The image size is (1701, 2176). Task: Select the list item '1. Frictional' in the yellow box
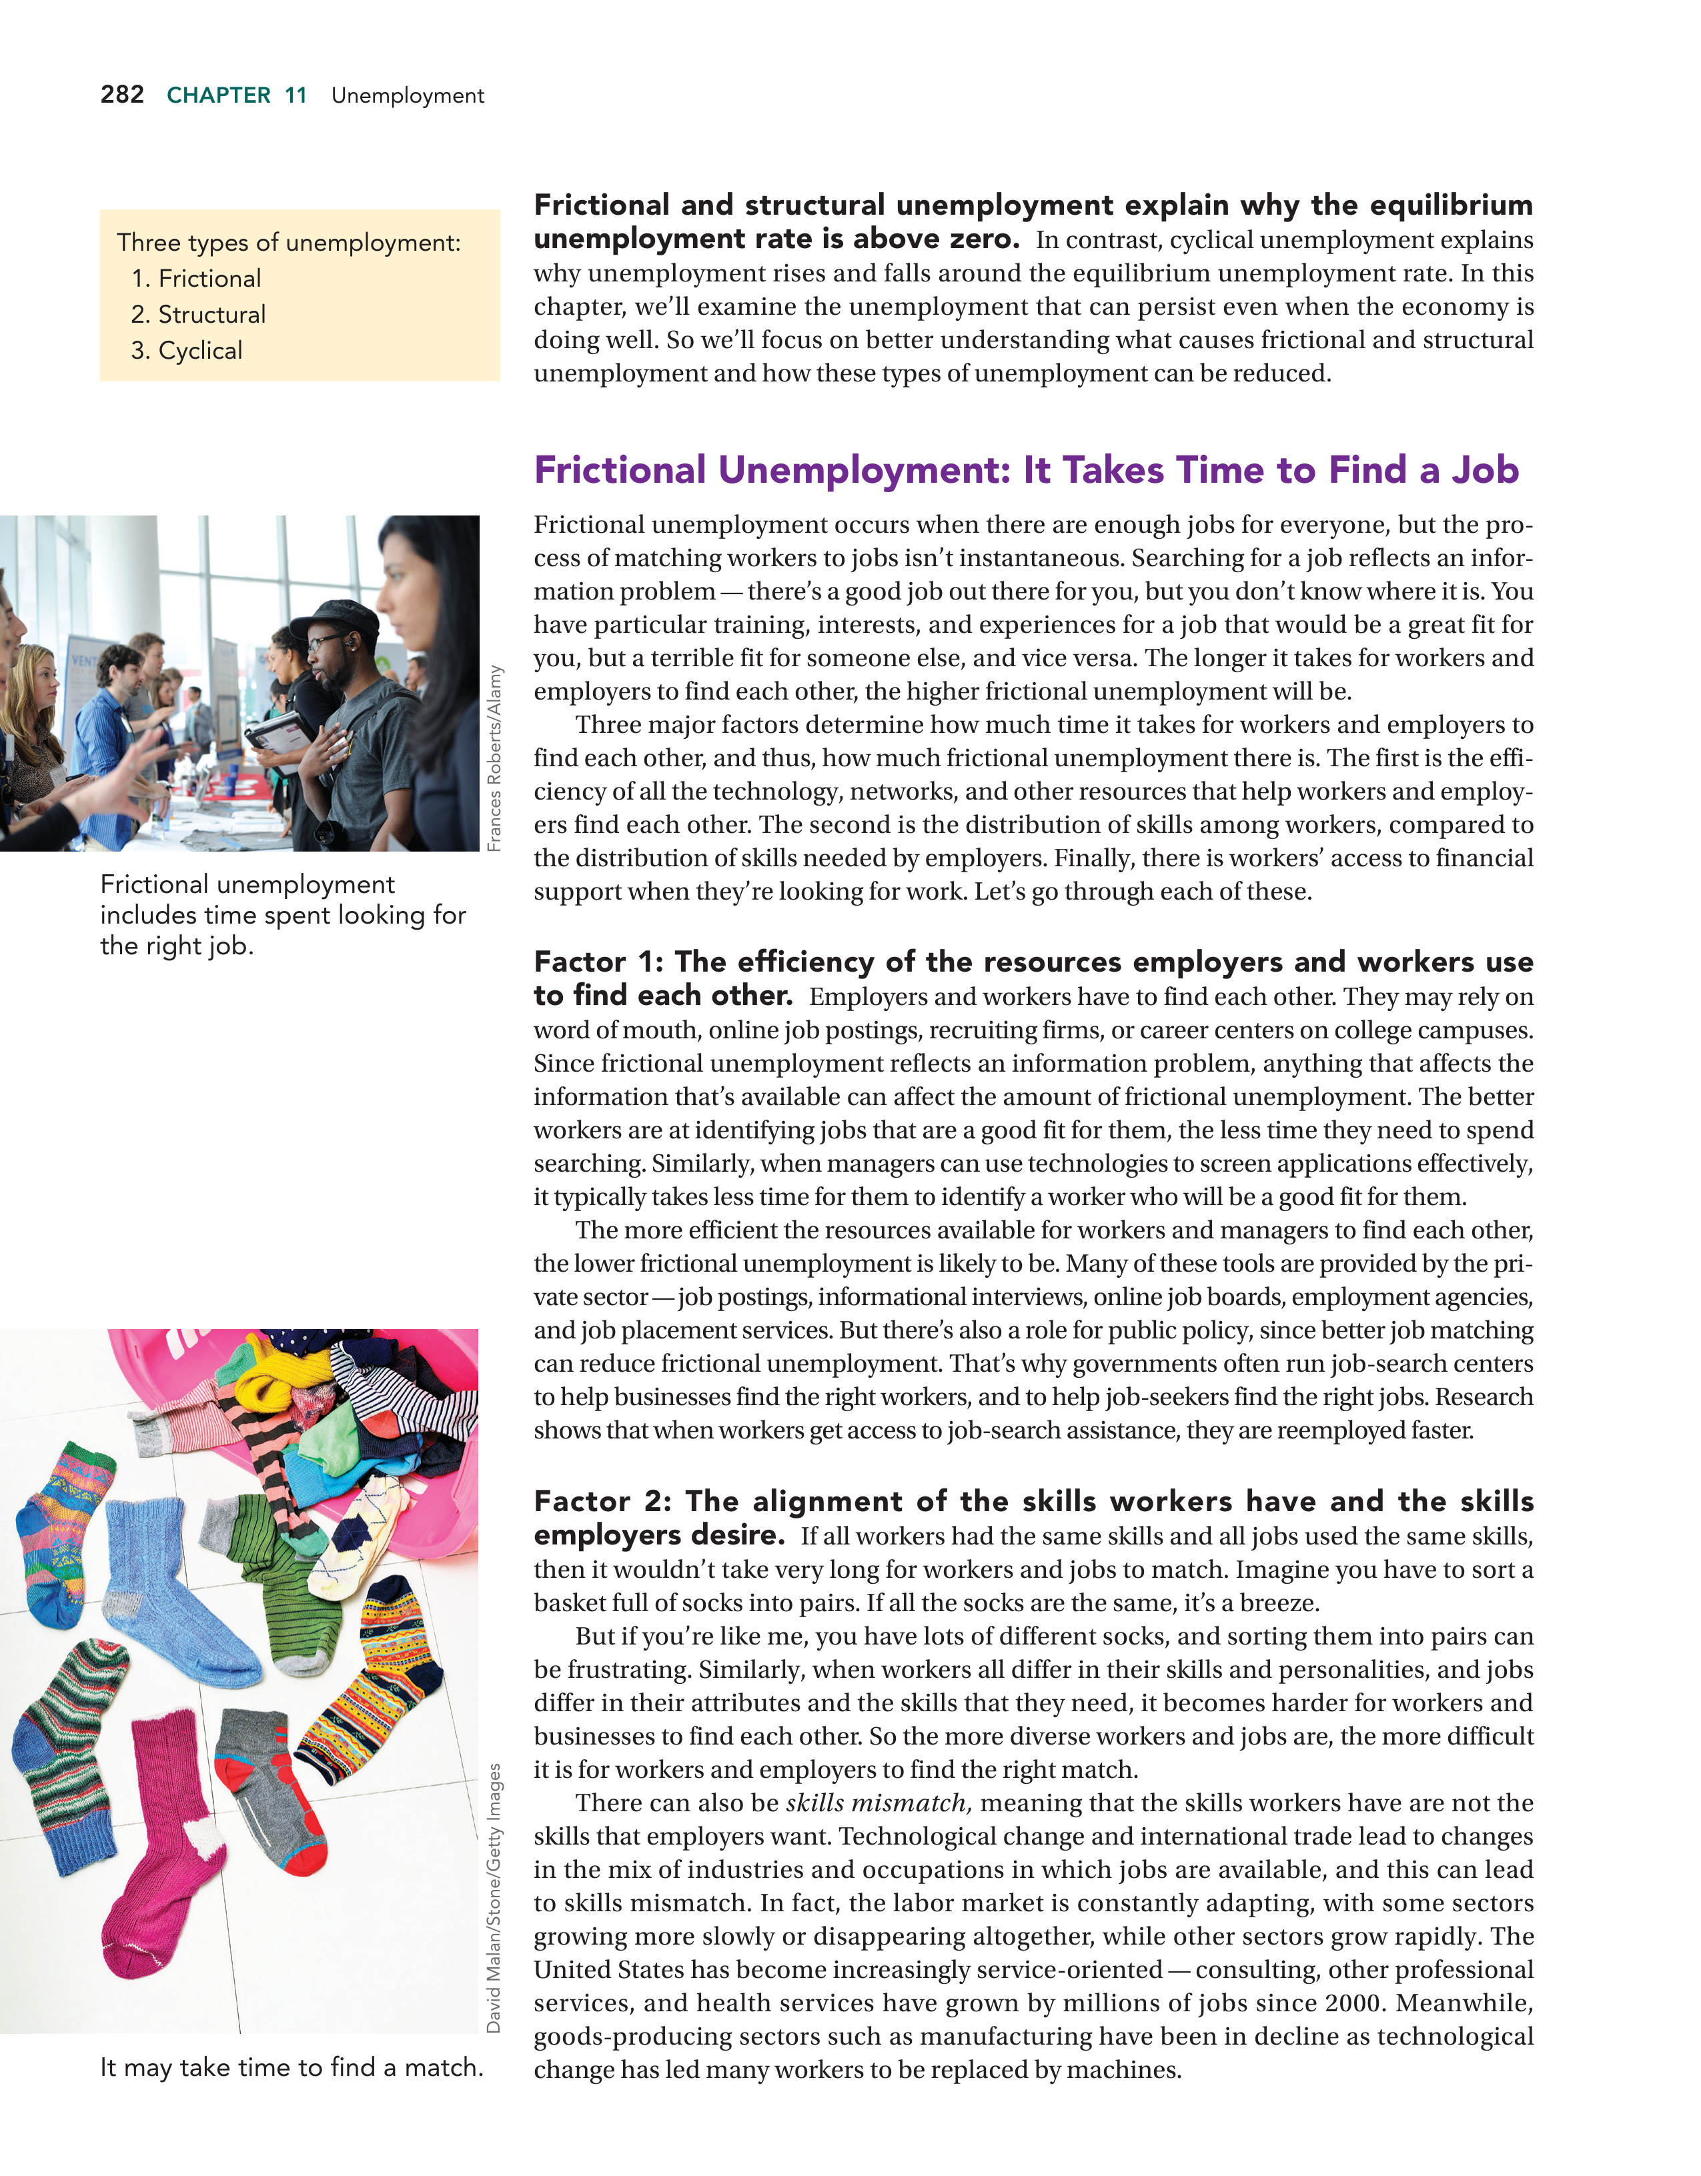196,278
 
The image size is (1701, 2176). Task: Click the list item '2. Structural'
198,314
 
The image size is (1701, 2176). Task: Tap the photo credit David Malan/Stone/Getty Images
494,1898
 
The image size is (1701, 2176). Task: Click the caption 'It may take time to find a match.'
291,2067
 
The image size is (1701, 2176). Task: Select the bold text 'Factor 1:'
598,962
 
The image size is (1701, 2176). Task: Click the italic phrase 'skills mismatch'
877,1803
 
